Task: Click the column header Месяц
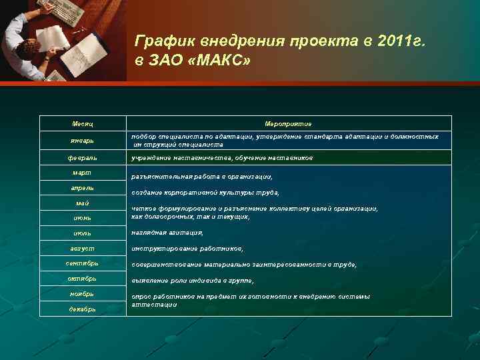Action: pyautogui.click(x=83, y=124)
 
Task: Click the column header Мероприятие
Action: pyautogui.click(x=288, y=124)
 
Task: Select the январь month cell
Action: pyautogui.click(x=83, y=141)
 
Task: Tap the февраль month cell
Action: pyautogui.click(x=83, y=158)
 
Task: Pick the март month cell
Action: pyautogui.click(x=83, y=173)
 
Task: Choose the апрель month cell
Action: pyautogui.click(x=83, y=189)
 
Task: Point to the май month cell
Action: pyautogui.click(x=83, y=203)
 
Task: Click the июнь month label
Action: pyautogui.click(x=83, y=217)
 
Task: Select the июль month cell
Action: pyautogui.click(x=83, y=233)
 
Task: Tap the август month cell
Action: pyautogui.click(x=83, y=249)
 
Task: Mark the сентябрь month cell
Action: pyautogui.click(x=83, y=263)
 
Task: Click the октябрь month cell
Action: pyautogui.click(x=83, y=278)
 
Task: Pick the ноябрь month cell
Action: pyautogui.click(x=83, y=293)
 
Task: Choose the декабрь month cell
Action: pyautogui.click(x=83, y=309)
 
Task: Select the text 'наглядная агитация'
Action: pyautogui.click(x=167, y=233)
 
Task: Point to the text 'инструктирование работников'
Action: pyautogui.click(x=187, y=249)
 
